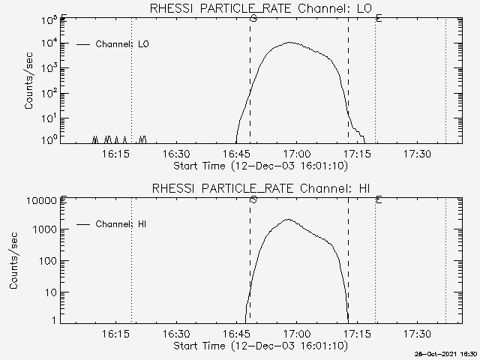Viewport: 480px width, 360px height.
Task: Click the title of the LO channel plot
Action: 261,8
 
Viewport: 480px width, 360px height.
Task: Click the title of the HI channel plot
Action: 261,188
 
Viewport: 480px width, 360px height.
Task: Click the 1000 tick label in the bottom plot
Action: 45,229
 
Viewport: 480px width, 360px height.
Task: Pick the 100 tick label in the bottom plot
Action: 48,261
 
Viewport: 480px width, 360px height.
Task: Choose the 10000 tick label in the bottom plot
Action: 42,201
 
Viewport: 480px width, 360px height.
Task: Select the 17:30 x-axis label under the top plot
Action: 418,154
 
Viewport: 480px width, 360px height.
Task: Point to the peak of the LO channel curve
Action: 289,43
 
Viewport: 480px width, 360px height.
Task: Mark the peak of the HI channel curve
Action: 288,219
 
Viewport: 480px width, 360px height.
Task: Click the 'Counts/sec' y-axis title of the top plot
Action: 29,81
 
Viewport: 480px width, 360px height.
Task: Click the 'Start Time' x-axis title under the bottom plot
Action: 261,346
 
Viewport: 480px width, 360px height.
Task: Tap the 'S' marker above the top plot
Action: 253,18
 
